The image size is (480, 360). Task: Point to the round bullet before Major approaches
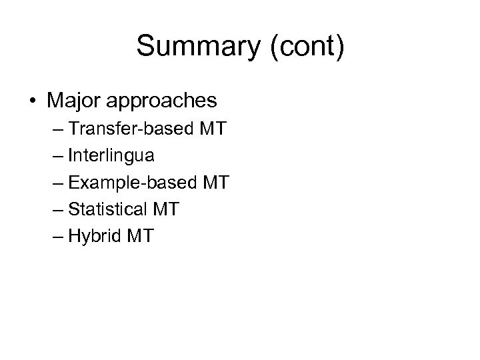click(33, 101)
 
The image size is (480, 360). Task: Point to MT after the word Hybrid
click(142, 236)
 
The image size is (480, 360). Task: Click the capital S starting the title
click(145, 47)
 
